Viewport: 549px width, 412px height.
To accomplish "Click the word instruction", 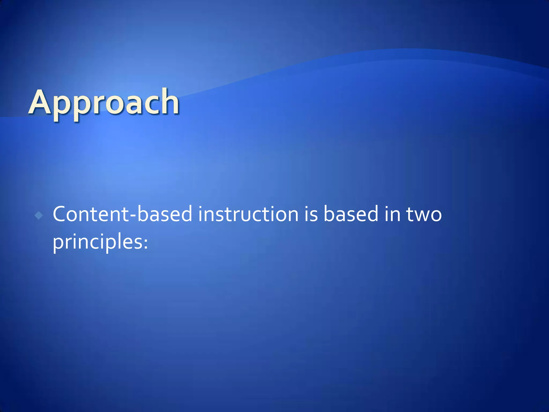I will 248,214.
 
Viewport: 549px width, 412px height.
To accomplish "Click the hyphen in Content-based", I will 132,216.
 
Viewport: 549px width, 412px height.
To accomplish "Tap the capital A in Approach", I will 40,102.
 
